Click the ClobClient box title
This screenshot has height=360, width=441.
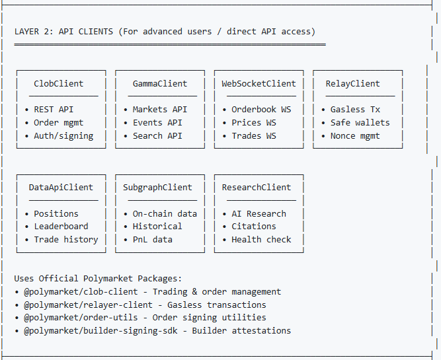[59, 84]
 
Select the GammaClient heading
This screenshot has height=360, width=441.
[160, 84]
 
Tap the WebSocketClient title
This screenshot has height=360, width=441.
[259, 84]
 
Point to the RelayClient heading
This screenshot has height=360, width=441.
[352, 84]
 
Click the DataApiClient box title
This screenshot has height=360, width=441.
[61, 188]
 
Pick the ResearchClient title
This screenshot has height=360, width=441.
[256, 188]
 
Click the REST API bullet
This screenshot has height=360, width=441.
[55, 110]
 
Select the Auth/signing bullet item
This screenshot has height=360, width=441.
[63, 136]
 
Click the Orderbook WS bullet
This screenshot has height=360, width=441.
[261, 110]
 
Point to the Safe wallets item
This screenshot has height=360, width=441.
[360, 123]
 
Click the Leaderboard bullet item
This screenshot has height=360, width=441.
[61, 227]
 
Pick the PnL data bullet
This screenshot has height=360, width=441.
[152, 240]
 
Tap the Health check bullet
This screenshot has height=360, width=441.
[261, 240]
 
